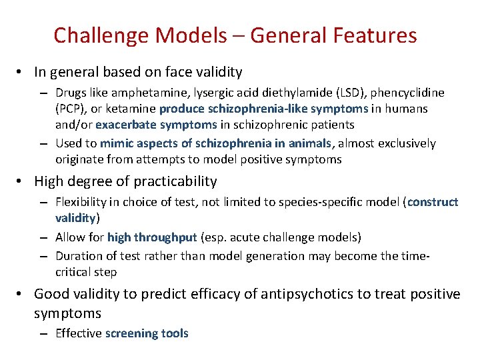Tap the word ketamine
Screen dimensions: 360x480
(133, 109)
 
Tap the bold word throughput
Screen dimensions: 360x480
(166, 237)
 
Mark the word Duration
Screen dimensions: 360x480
(77, 256)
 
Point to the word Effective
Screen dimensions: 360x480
(78, 333)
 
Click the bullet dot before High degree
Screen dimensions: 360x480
(23, 181)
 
